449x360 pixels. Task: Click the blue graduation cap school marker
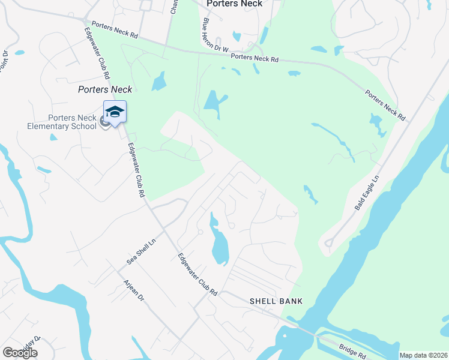click(x=115, y=112)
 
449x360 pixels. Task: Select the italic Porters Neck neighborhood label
click(x=104, y=89)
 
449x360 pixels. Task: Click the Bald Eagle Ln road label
click(x=367, y=192)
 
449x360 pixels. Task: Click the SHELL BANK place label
click(x=276, y=301)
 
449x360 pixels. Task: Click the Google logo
click(x=20, y=353)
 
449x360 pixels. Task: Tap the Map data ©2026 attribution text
click(x=423, y=355)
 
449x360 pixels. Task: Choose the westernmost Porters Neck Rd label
click(x=113, y=34)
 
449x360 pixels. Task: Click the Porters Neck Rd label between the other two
click(x=255, y=58)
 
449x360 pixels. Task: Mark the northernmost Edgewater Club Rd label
click(x=100, y=55)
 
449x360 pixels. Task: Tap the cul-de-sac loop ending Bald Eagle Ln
click(x=329, y=244)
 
